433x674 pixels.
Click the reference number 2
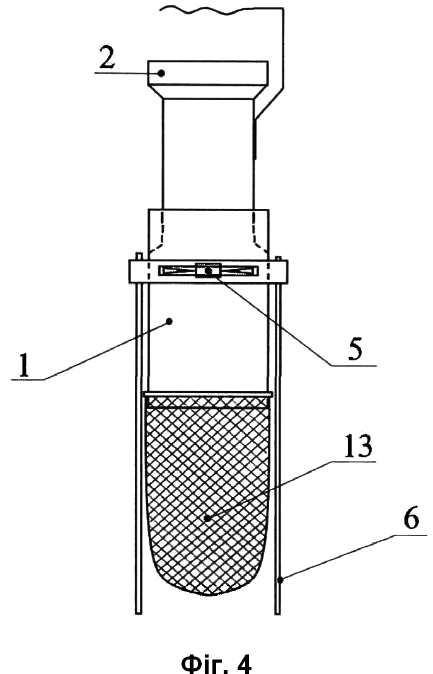click(107, 59)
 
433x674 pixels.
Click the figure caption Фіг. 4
click(216, 663)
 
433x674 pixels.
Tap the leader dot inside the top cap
click(161, 73)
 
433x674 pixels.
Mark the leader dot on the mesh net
click(208, 519)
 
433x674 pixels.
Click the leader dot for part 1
click(170, 321)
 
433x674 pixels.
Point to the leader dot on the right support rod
click(280, 580)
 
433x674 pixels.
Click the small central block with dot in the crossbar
click(208, 270)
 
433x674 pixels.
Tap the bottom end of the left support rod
click(139, 613)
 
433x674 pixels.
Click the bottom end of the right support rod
click(277, 614)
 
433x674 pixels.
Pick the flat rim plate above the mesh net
click(209, 394)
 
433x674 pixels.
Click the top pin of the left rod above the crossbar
click(139, 256)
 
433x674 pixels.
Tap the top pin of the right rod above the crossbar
click(278, 258)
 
